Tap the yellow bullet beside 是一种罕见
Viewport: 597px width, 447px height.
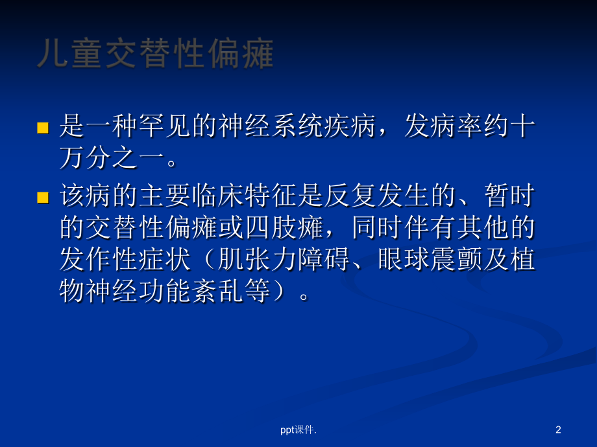43,128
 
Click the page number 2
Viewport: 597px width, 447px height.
559,429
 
